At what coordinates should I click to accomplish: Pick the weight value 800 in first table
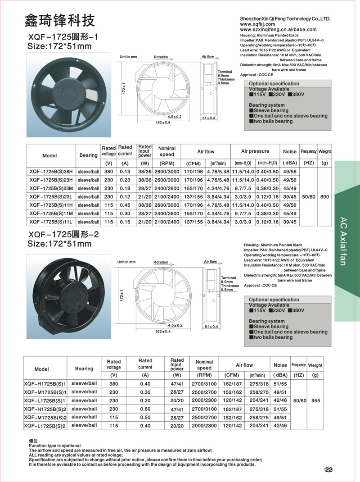pos(324,196)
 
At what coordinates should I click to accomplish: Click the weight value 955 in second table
pos(315,400)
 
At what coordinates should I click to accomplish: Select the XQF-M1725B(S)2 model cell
pos(45,417)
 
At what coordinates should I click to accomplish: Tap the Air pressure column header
pos(255,151)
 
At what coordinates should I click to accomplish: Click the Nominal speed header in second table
pos(204,365)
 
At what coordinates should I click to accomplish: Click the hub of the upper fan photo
pos(64,91)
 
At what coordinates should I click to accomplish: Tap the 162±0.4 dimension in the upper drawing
pos(163,123)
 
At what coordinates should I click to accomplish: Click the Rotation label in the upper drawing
pos(161,57)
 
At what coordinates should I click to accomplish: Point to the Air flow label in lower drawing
pos(210,262)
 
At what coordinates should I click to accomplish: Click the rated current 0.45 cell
pos(125,205)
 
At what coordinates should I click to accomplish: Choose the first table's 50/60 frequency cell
pos(309,196)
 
